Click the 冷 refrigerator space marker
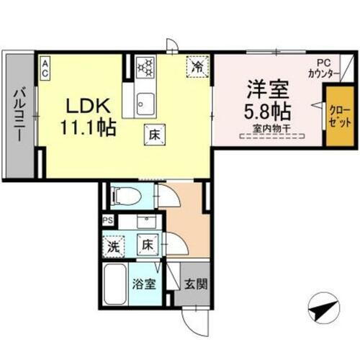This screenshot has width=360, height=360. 196,66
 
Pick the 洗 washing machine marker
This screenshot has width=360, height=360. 112,245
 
